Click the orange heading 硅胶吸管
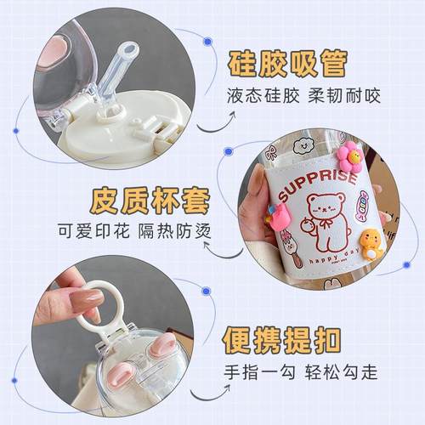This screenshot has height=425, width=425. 286,64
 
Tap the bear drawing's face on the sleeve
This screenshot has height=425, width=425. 324,209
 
